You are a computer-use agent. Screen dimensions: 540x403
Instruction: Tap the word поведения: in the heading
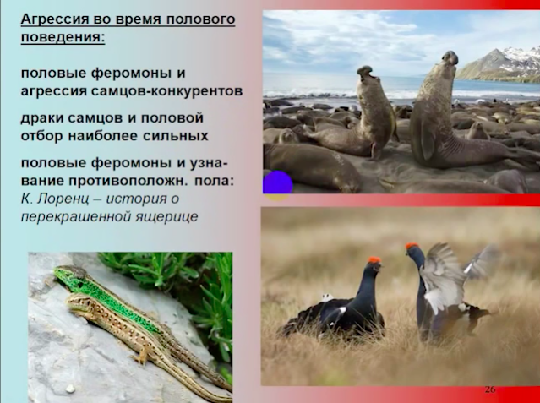[x=63, y=37]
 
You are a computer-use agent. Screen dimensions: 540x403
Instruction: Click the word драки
[x=42, y=118]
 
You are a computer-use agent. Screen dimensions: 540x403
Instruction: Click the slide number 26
[x=490, y=389]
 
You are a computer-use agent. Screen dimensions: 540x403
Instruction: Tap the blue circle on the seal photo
[x=277, y=182]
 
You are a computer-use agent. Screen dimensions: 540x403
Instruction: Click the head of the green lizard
[x=65, y=273]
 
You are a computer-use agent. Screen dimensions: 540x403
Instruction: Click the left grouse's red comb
[x=374, y=259]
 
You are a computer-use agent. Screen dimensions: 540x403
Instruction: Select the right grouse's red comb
[x=412, y=246]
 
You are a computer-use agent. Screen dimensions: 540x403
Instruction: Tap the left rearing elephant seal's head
[x=365, y=73]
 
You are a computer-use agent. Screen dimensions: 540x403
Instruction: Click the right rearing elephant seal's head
[x=450, y=57]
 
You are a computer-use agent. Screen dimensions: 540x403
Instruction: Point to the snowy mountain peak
[x=495, y=51]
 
